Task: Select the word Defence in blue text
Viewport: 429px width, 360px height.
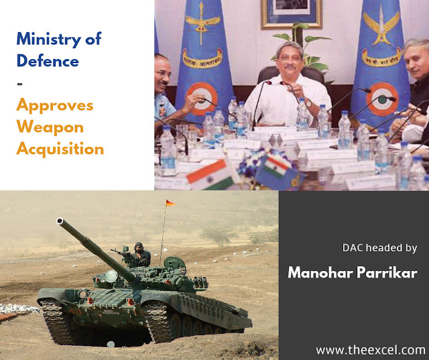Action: (48, 60)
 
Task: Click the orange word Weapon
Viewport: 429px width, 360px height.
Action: (50, 127)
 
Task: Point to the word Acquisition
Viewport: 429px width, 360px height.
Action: (60, 149)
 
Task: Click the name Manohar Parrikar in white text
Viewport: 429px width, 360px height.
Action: (353, 272)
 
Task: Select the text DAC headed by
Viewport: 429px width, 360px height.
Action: (380, 248)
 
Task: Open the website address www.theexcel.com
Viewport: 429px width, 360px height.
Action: (371, 351)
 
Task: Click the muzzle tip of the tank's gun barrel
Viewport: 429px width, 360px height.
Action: (60, 221)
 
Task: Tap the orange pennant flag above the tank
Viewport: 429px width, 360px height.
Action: (170, 203)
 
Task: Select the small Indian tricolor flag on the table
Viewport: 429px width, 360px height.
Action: (210, 174)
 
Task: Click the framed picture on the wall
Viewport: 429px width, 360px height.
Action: (292, 13)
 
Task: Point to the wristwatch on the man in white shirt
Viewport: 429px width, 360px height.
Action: (308, 103)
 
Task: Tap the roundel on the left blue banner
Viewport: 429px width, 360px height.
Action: (202, 99)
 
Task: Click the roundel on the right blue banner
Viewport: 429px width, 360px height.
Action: (382, 99)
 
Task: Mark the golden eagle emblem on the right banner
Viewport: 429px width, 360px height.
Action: (381, 26)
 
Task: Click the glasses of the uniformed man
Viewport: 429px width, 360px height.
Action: (164, 73)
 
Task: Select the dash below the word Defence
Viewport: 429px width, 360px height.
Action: (19, 84)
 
